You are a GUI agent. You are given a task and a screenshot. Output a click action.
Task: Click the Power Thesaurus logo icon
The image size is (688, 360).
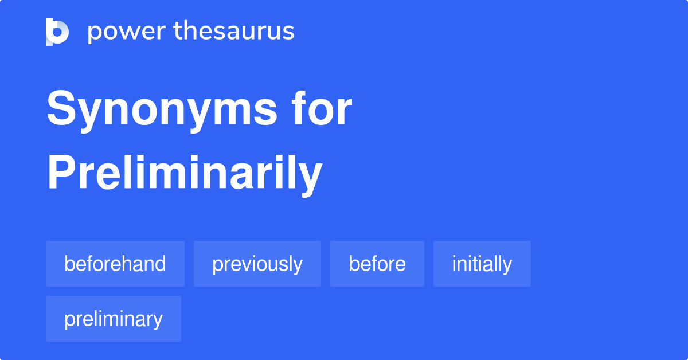tap(57, 32)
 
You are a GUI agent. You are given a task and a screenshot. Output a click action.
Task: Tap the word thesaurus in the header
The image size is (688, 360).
tap(234, 30)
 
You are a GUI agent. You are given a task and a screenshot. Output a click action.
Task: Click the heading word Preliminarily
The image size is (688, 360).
tap(185, 174)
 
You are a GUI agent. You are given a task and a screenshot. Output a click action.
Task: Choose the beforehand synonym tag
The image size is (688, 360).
tap(115, 264)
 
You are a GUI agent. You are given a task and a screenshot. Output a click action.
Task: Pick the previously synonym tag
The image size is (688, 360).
tap(257, 264)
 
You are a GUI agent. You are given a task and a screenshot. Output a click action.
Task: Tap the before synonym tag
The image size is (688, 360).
tap(377, 264)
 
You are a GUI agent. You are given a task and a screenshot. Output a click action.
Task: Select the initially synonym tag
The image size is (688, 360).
tap(482, 264)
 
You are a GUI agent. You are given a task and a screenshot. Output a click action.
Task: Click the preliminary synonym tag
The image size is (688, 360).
tap(114, 319)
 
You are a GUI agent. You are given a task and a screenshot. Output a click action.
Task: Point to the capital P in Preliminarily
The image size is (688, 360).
tap(62, 171)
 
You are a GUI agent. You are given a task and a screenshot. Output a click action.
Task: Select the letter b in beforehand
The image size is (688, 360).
tap(69, 263)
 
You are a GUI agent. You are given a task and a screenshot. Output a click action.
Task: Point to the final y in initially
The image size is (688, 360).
tap(506, 267)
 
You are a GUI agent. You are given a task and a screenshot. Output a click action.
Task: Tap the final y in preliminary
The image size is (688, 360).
tap(157, 322)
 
